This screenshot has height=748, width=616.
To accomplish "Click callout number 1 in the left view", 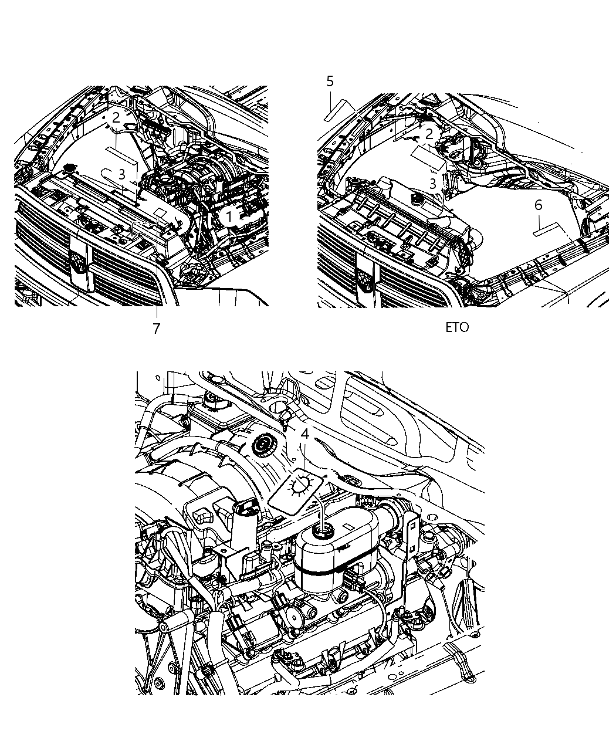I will (x=230, y=217).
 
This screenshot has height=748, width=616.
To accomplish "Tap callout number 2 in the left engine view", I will (x=116, y=118).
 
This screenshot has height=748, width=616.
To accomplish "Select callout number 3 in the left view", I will (x=121, y=174).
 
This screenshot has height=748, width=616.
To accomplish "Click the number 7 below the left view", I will (x=156, y=329).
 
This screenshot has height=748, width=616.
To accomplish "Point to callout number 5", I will (x=330, y=82).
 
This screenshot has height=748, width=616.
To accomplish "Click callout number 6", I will (x=538, y=205).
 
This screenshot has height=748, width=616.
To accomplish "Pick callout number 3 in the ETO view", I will (x=432, y=184).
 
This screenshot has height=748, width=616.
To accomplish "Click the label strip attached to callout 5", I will (x=340, y=109).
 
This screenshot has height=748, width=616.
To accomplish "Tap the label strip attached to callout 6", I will (x=549, y=229).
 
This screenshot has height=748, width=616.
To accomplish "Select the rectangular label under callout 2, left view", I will (x=124, y=155).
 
